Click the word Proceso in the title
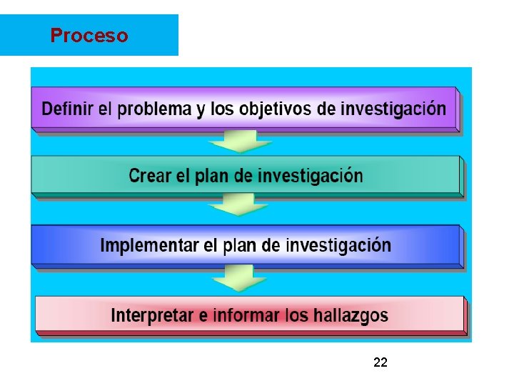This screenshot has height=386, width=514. click(x=89, y=35)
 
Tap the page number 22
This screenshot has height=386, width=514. click(x=381, y=363)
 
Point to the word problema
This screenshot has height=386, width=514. click(x=154, y=110)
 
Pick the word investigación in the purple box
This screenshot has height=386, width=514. click(x=393, y=109)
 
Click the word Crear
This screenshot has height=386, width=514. click(x=149, y=176)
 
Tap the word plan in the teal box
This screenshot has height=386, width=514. click(x=212, y=177)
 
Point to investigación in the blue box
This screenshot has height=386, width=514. click(x=338, y=246)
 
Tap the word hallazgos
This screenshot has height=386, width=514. click(x=351, y=315)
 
